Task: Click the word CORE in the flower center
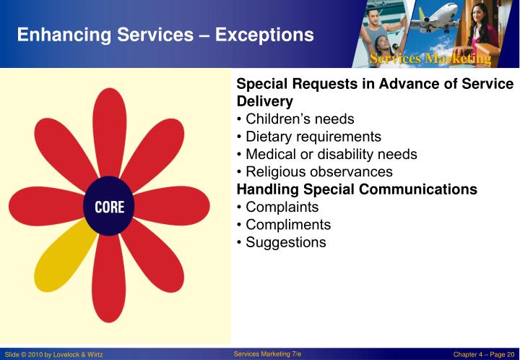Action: pos(110,207)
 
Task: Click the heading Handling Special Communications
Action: pos(357,189)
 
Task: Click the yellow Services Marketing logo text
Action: pos(430,59)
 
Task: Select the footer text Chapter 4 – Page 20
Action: pos(483,353)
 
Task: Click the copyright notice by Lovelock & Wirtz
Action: pos(54,353)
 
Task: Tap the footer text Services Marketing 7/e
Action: pos(267,353)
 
